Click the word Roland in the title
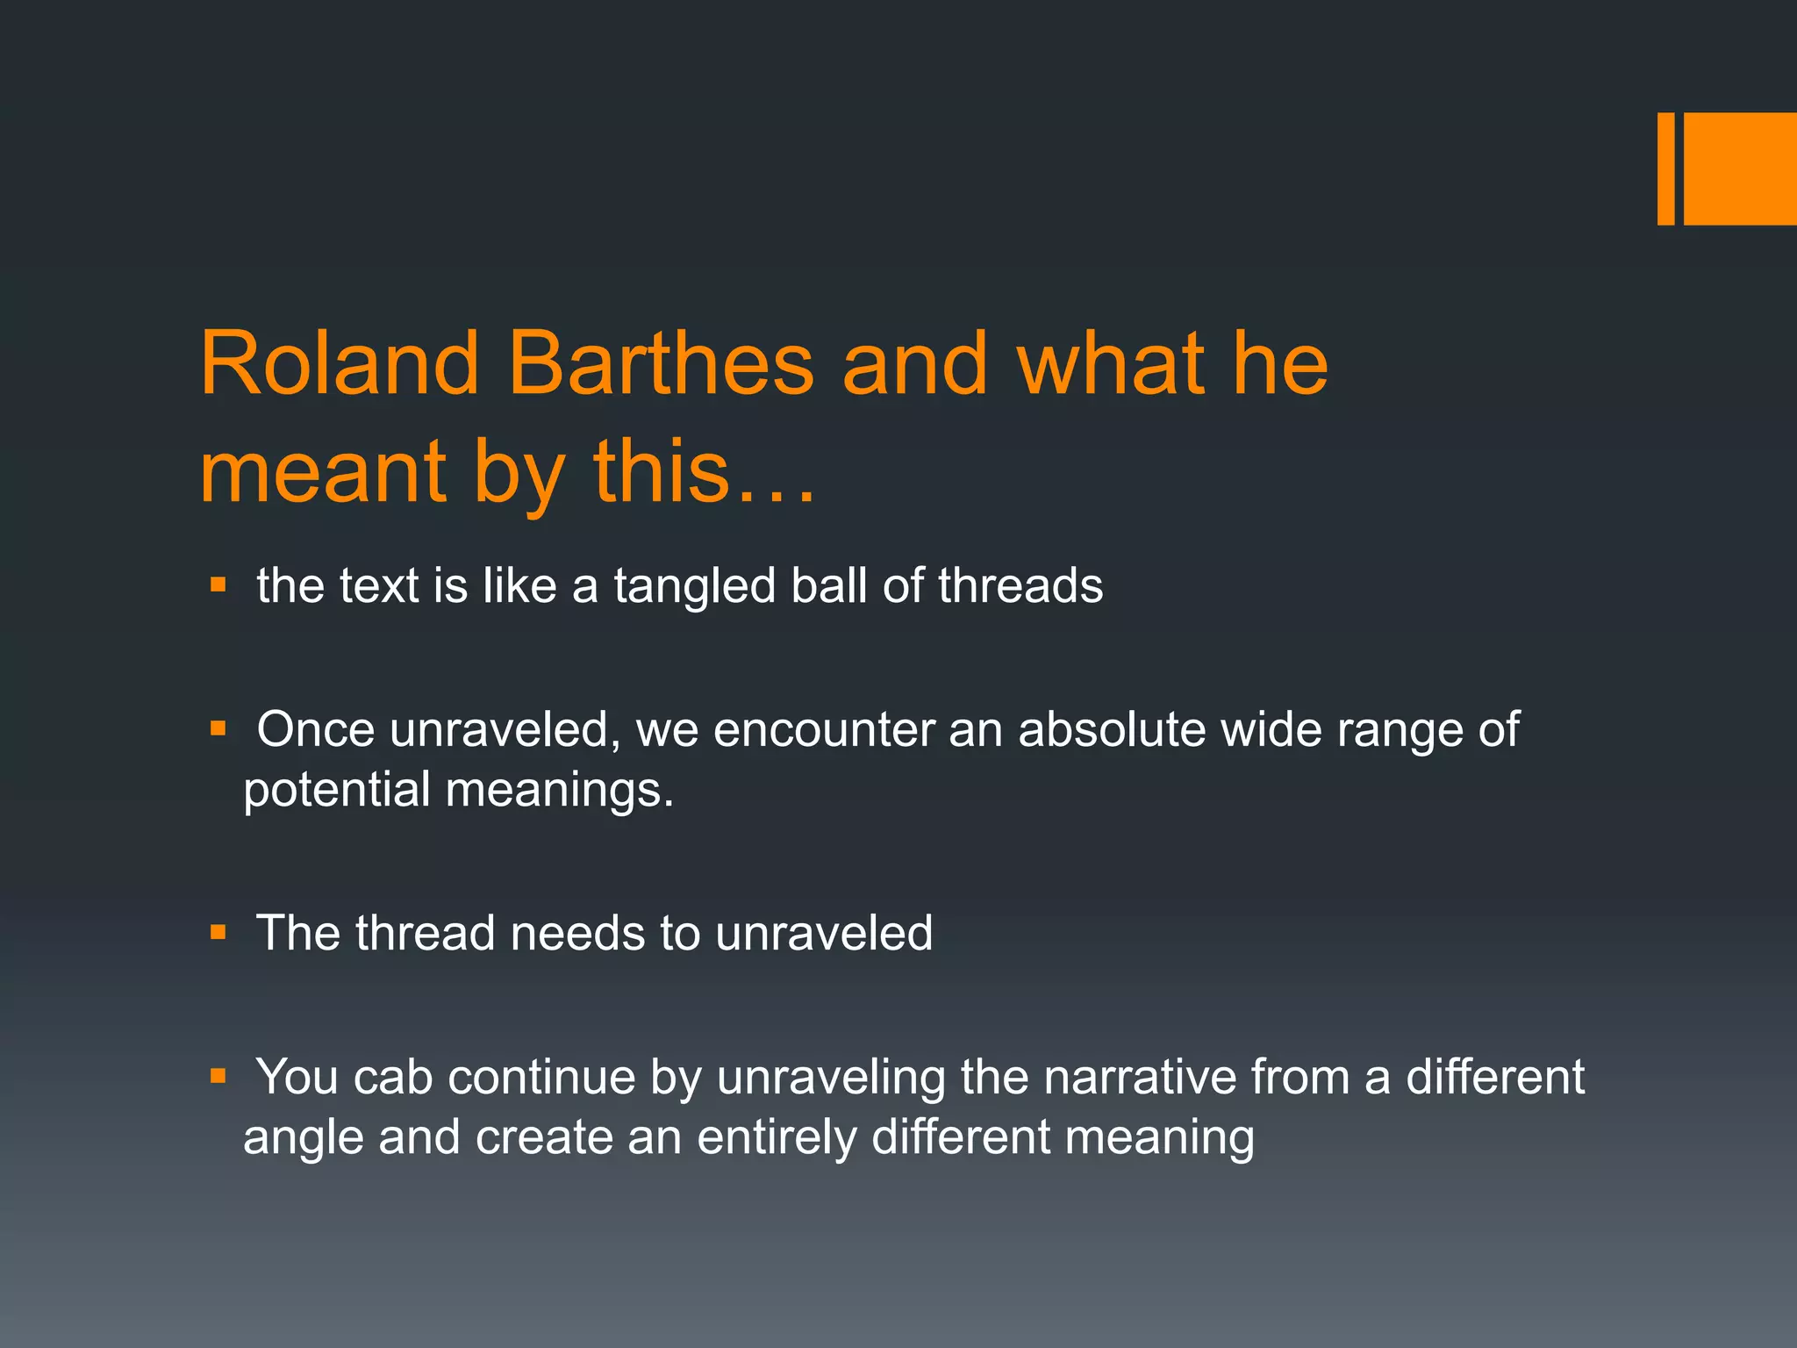(340, 363)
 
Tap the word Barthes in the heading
(661, 363)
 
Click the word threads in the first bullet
(1020, 585)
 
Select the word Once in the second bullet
(315, 729)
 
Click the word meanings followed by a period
(559, 790)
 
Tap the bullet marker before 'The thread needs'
(218, 932)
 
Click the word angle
(303, 1138)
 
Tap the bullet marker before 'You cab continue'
(218, 1076)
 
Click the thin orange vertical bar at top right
(1665, 168)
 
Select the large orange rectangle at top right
(1740, 168)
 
